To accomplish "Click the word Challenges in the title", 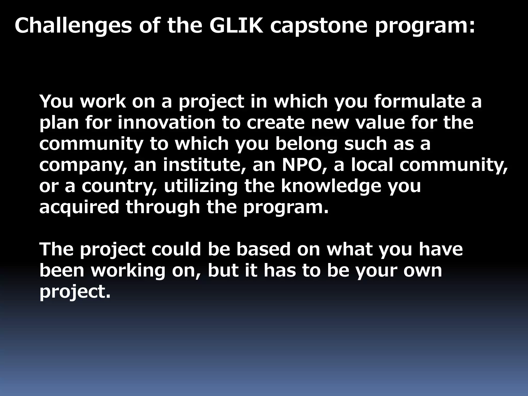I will coord(73,26).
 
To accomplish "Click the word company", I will coord(82,165).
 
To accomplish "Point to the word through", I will coord(163,207).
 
